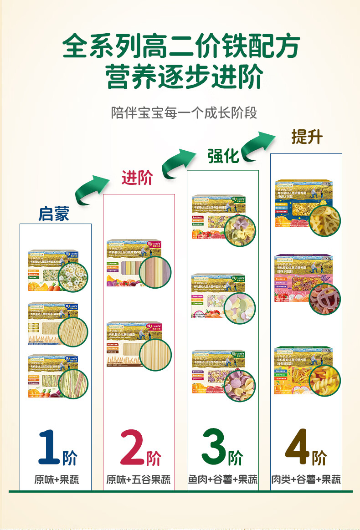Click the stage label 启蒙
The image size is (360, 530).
(x=54, y=214)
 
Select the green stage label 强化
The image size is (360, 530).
(x=223, y=156)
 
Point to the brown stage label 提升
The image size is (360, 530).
(x=307, y=137)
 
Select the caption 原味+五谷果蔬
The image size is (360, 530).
(x=139, y=479)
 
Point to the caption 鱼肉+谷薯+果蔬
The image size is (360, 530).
(x=223, y=479)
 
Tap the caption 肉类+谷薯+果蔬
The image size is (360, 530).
(x=306, y=479)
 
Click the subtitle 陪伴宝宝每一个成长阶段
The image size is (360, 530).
(x=184, y=112)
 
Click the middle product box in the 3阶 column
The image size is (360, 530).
(x=223, y=296)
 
